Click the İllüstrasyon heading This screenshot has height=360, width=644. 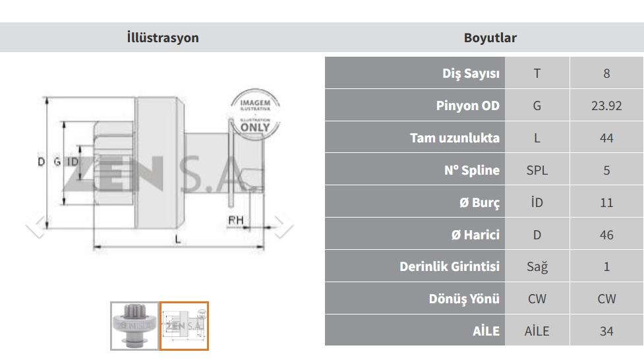(x=163, y=38)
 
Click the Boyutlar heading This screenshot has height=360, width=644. (x=490, y=38)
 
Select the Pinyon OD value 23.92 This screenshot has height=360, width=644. (x=606, y=105)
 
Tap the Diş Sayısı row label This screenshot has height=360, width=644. (x=471, y=74)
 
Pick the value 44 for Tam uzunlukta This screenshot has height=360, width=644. (x=606, y=138)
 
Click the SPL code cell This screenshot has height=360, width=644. (x=537, y=170)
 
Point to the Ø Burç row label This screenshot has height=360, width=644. (x=479, y=202)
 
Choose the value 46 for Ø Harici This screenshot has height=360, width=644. (x=606, y=235)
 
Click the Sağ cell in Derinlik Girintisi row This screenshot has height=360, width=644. (x=537, y=267)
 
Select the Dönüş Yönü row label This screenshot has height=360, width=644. (x=464, y=299)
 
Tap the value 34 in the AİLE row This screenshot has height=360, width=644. (x=606, y=331)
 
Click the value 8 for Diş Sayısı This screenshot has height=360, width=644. (x=606, y=74)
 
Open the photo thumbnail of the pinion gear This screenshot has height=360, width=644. (x=134, y=326)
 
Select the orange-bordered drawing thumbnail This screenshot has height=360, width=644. (x=184, y=326)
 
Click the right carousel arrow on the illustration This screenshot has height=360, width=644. (x=283, y=225)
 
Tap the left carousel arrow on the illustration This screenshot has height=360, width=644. (x=36, y=225)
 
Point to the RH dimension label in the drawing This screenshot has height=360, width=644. (x=236, y=220)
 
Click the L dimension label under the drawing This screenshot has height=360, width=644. (x=177, y=239)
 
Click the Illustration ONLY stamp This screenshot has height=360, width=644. (x=255, y=114)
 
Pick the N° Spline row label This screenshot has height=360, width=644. (x=471, y=170)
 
